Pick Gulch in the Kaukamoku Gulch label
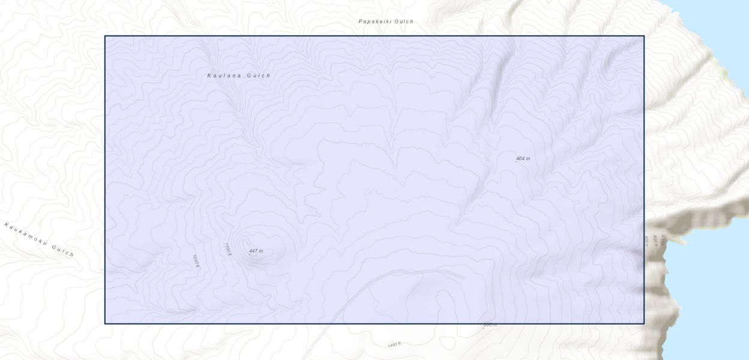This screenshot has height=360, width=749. point(62,250)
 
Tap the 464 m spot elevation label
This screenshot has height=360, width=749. point(524,158)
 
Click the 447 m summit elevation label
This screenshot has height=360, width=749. point(257,251)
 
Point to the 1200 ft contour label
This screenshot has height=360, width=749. point(228,248)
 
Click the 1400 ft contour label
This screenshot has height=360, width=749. point(394,345)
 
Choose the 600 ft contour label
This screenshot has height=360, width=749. point(655,241)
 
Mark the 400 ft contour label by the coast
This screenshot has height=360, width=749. point(664,241)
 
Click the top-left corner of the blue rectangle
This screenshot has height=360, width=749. point(105,36)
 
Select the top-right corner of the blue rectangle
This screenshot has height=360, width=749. point(644,36)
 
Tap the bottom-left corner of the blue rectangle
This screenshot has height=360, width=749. point(105,323)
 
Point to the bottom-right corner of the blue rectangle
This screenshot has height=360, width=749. point(644,323)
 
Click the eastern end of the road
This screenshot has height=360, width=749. point(463,277)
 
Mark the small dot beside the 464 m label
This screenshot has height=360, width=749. point(516,161)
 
